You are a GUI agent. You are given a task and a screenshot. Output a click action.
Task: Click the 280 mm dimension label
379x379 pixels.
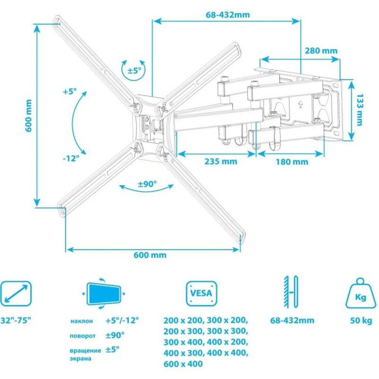pyautogui.click(x=321, y=51)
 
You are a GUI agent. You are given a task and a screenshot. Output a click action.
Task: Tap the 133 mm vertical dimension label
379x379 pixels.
pyautogui.click(x=360, y=110)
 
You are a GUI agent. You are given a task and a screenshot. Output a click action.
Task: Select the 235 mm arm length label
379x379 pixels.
pyautogui.click(x=221, y=161)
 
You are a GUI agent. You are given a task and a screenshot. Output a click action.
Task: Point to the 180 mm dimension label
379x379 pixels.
pyautogui.click(x=292, y=162)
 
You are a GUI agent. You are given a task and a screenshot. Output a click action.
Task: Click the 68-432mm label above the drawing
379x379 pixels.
pyautogui.click(x=228, y=15)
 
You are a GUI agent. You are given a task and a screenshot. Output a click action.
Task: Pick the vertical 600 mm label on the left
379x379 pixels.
pyautogui.click(x=28, y=116)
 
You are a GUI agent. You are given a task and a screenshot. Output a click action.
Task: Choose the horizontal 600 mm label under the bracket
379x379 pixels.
pyautogui.click(x=150, y=255)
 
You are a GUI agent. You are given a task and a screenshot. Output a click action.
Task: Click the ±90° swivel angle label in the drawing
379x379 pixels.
pyautogui.click(x=147, y=184)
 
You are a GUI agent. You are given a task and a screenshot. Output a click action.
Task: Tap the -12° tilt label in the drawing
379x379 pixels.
pyautogui.click(x=71, y=158)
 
